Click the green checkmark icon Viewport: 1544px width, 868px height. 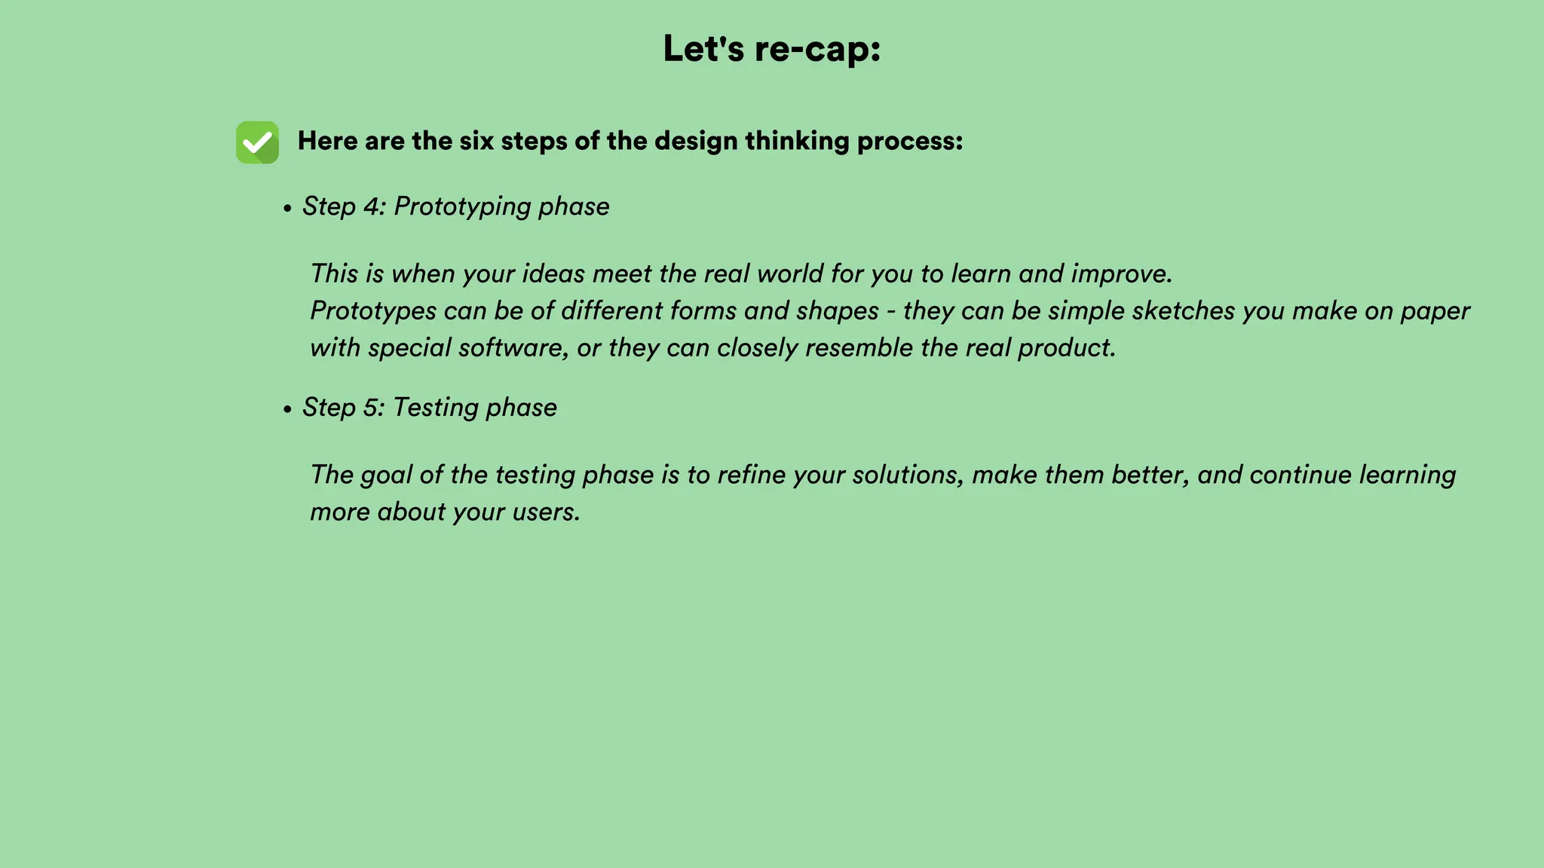pos(257,142)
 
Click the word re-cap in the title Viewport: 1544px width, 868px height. pos(817,50)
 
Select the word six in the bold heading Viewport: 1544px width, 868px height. pos(476,141)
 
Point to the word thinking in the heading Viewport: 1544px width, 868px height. pos(797,141)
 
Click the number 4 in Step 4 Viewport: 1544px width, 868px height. pos(371,206)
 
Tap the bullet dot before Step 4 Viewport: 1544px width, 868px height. pos(287,209)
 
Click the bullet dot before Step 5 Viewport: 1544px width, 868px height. pos(287,410)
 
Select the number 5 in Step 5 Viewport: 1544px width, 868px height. pos(370,408)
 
